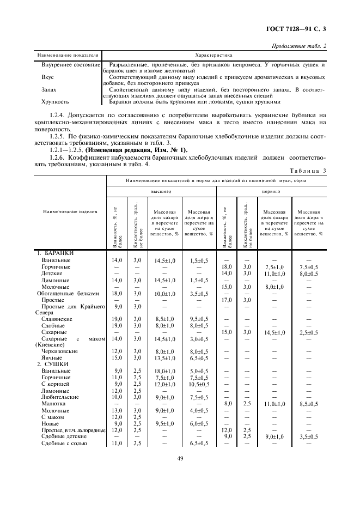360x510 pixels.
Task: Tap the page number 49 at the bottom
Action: (x=180, y=458)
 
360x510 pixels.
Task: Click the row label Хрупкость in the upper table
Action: (x=55, y=101)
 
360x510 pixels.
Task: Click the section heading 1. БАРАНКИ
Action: (x=55, y=253)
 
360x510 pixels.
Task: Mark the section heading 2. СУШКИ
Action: (x=52, y=363)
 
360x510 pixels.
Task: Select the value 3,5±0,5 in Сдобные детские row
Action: (x=309, y=437)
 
